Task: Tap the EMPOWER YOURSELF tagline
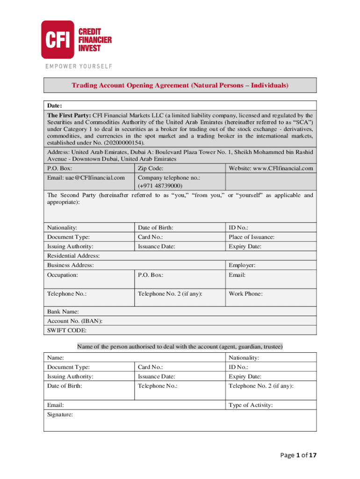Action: tap(79, 66)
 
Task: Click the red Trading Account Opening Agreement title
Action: tap(180, 86)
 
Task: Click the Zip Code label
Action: tap(150, 168)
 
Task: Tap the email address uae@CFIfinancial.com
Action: tap(86, 178)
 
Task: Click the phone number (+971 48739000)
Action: tap(159, 186)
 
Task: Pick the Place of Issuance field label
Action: tap(252, 237)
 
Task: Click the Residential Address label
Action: tap(73, 256)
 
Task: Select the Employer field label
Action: tap(242, 265)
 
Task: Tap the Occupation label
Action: tap(63, 275)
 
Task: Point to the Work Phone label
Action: tap(245, 294)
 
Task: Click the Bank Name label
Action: tap(63, 312)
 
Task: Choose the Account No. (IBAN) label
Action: tap(75, 321)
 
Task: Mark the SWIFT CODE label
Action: tap(66, 330)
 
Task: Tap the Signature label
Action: tap(60, 414)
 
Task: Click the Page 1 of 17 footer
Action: tap(296, 456)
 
